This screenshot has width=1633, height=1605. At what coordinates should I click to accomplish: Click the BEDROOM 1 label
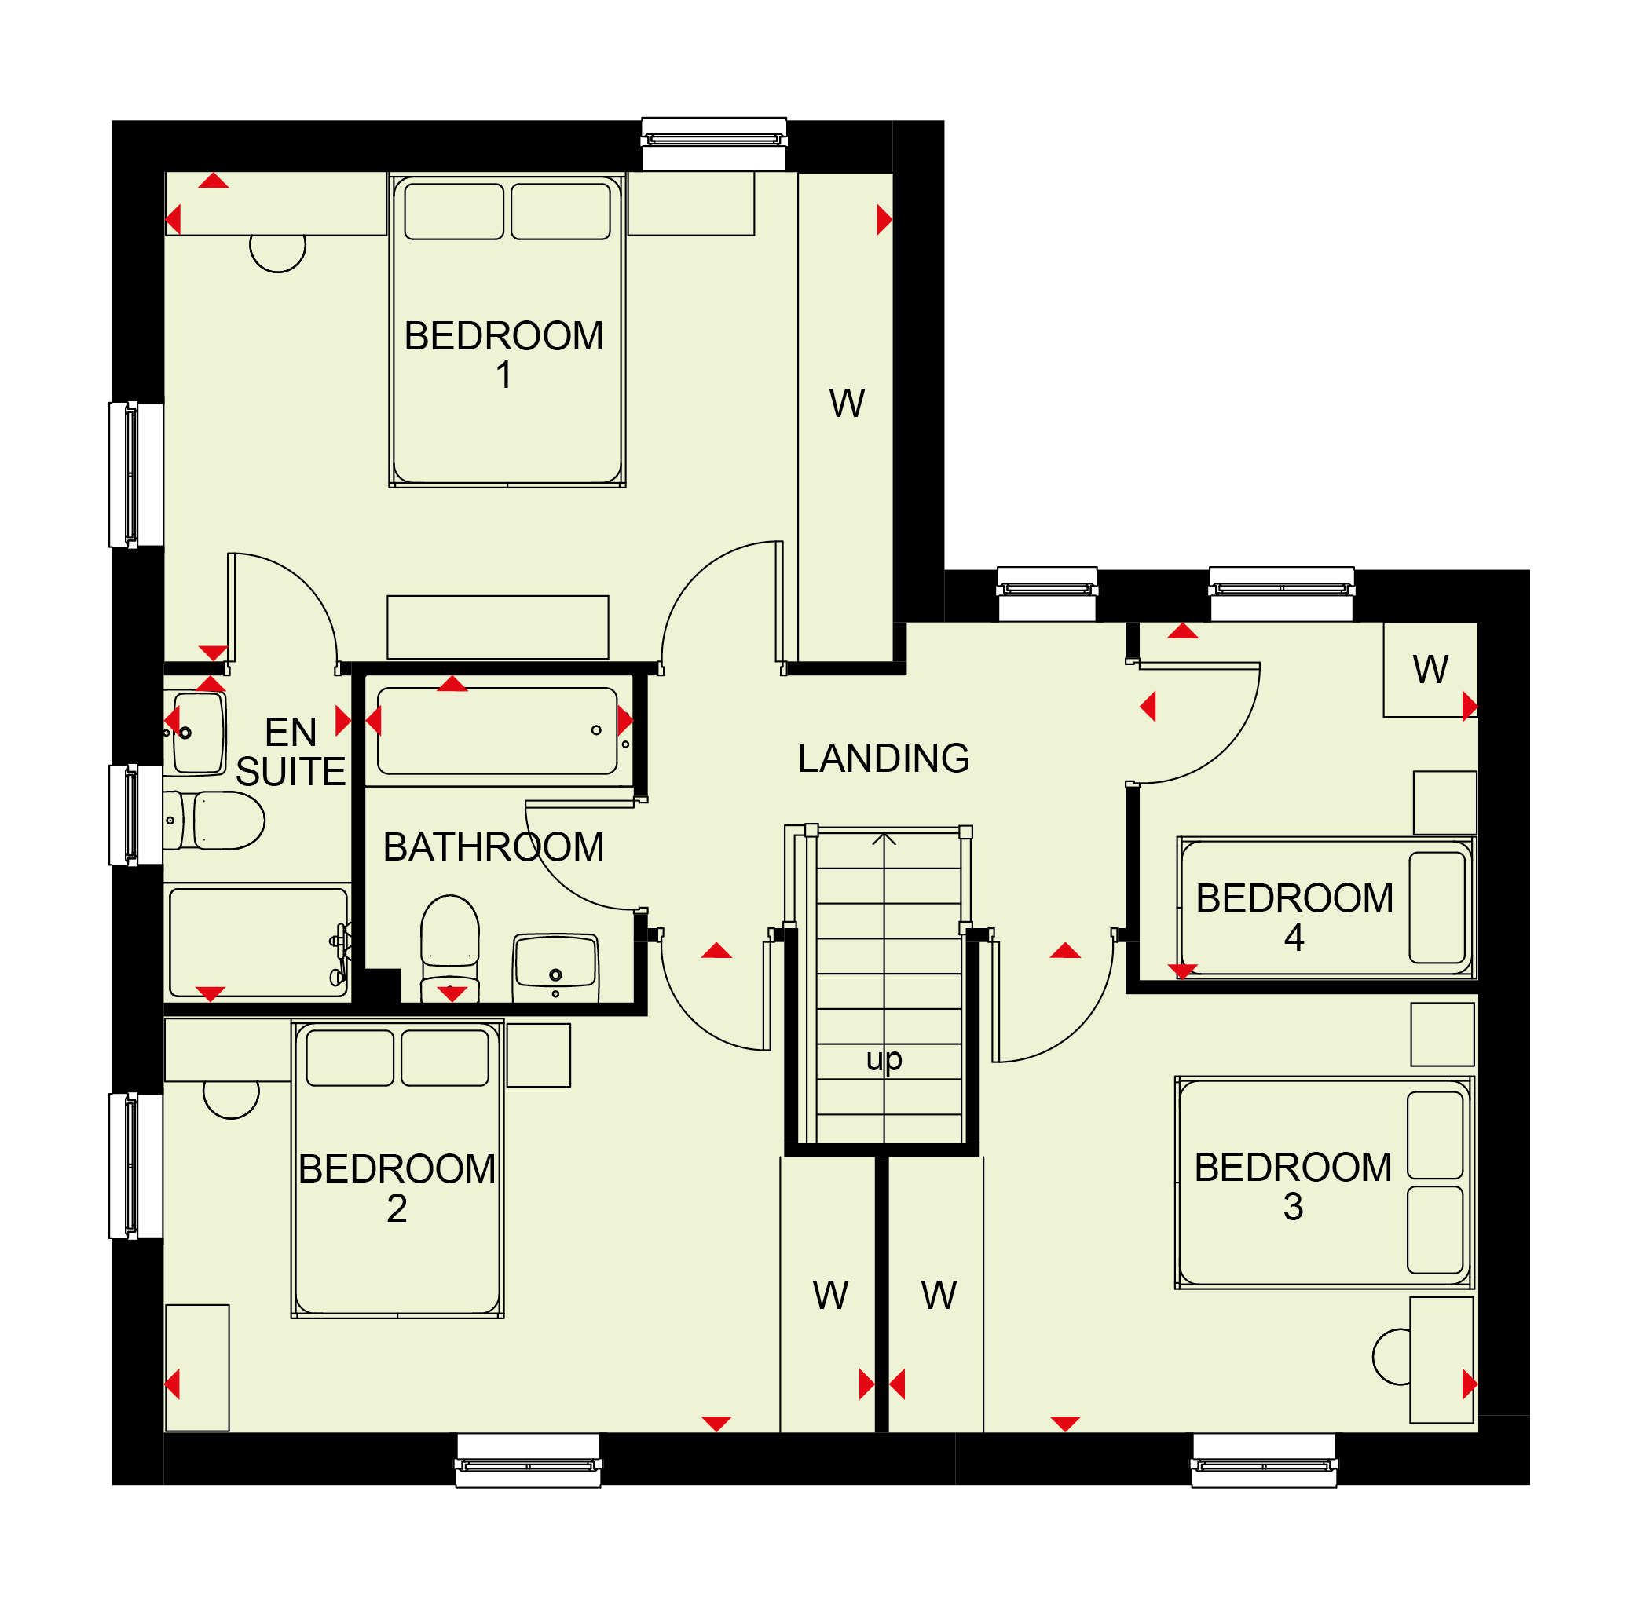pos(503,354)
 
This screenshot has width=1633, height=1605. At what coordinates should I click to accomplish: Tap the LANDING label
pos(884,759)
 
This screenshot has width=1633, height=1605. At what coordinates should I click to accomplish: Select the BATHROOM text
pos(493,847)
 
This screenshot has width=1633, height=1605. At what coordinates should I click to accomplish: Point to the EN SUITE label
pos(291,752)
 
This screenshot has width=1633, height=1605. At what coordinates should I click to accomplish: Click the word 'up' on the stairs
pos(884,1059)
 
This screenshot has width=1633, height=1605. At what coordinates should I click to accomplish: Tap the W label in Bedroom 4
pos(1430,670)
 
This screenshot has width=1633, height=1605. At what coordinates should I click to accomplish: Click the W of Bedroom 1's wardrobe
pos(847,403)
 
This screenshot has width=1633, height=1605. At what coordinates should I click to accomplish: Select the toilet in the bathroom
pos(450,949)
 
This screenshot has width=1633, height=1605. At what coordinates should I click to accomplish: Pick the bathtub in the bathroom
pos(497,731)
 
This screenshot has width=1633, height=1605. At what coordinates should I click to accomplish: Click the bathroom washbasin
pos(555,967)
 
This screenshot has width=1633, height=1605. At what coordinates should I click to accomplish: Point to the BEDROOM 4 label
pos(1295,917)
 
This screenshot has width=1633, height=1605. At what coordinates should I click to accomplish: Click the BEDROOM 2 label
pos(397,1189)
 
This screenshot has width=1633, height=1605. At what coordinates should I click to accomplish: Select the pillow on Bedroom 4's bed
pos(1437,908)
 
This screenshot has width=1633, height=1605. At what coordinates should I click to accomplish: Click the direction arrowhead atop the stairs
pos(884,839)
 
